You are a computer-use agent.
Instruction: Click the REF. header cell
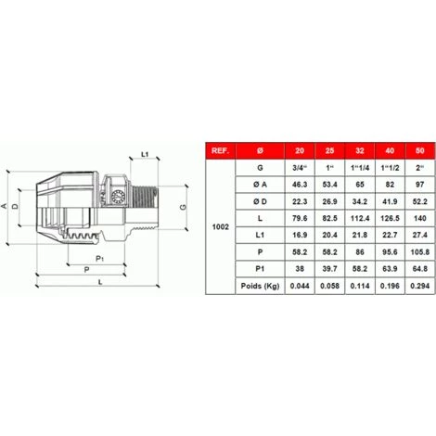[221, 150]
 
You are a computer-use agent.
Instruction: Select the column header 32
[360, 150]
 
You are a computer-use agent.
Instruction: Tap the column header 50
[420, 150]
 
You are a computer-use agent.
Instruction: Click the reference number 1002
[221, 227]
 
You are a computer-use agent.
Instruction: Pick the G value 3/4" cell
[300, 168]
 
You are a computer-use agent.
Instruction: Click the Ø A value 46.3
[300, 185]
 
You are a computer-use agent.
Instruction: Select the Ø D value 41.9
[390, 201]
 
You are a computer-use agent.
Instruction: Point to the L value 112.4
[360, 218]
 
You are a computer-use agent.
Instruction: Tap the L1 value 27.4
[420, 235]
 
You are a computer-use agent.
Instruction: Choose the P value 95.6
[390, 252]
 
